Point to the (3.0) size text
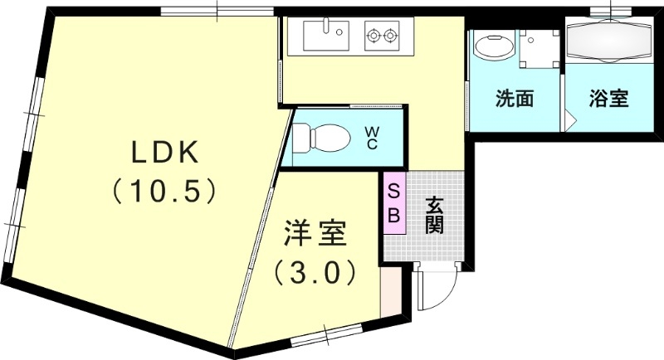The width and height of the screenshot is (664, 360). (x=315, y=272)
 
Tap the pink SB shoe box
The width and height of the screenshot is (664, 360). (x=394, y=203)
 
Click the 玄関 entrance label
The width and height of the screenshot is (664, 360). (x=433, y=214)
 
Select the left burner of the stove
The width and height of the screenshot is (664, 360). (x=373, y=36)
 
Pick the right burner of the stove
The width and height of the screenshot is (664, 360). (x=392, y=36)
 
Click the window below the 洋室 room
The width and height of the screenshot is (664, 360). (x=325, y=337)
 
